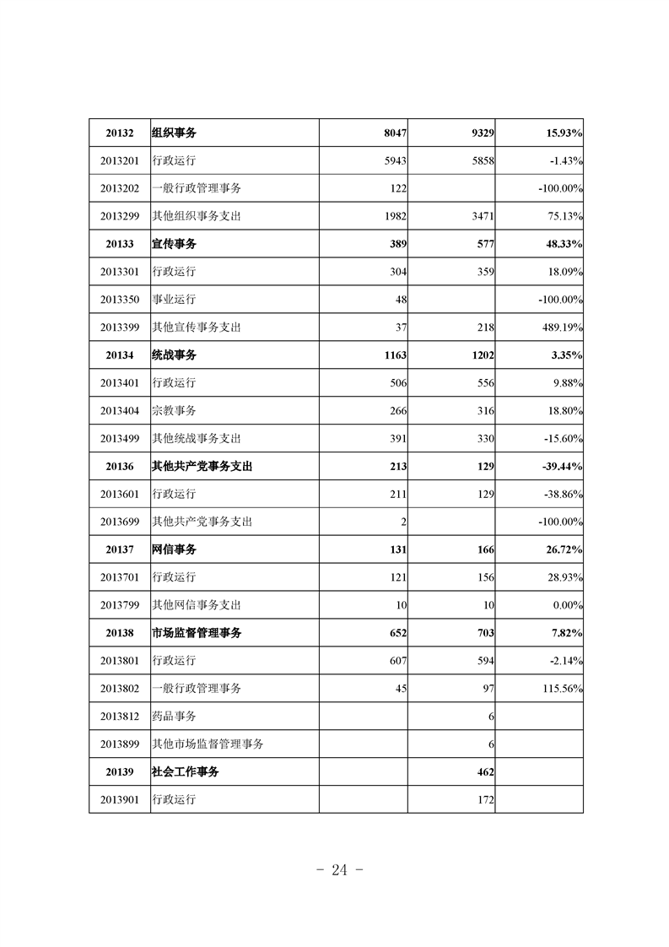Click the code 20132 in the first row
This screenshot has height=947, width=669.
[x=120, y=133]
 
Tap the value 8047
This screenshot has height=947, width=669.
[x=394, y=133]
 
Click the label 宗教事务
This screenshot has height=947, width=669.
[x=174, y=411]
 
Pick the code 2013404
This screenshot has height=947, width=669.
[x=120, y=411]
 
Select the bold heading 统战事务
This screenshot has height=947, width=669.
[x=174, y=355]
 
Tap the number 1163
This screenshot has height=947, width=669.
[x=394, y=355]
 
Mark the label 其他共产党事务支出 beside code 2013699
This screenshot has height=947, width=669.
[x=202, y=522]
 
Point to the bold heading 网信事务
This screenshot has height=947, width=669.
[x=174, y=549]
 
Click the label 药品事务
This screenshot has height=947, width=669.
[x=174, y=717]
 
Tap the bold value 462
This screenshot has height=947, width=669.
[x=484, y=771]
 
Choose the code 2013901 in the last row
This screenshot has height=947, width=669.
[x=120, y=799]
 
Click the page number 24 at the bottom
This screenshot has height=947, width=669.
[x=340, y=870]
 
